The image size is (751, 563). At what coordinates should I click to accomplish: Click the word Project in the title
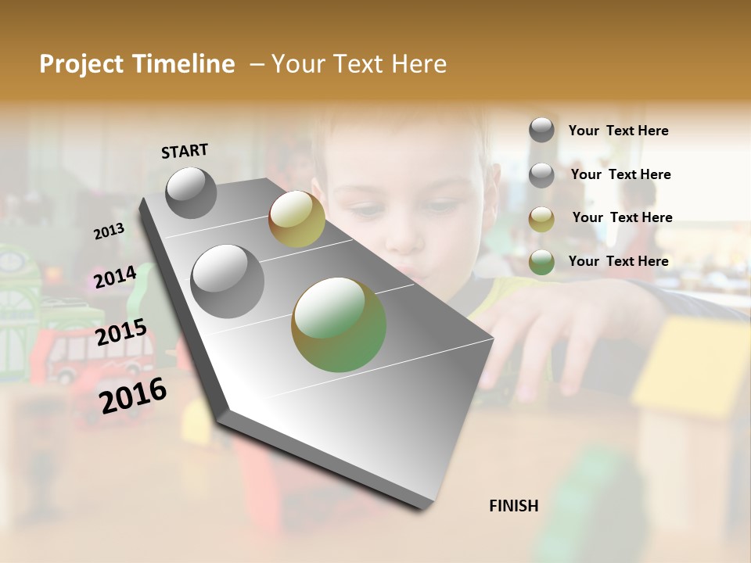pyautogui.click(x=80, y=64)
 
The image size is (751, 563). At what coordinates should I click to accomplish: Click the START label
pyautogui.click(x=185, y=151)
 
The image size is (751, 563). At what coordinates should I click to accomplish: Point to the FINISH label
pyautogui.click(x=513, y=506)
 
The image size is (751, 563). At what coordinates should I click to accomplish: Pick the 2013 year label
pyautogui.click(x=109, y=231)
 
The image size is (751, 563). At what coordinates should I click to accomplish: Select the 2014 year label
pyautogui.click(x=115, y=277)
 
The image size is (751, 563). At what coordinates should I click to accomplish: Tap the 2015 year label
pyautogui.click(x=121, y=332)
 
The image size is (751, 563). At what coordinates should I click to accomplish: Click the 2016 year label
pyautogui.click(x=133, y=394)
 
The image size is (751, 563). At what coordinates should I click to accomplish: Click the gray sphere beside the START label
pyautogui.click(x=192, y=193)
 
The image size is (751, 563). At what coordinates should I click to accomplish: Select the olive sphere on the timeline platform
pyautogui.click(x=296, y=218)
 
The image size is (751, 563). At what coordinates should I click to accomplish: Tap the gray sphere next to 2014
pyautogui.click(x=228, y=281)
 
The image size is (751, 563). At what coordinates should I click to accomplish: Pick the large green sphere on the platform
pyautogui.click(x=339, y=325)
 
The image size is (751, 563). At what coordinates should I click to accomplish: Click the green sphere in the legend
pyautogui.click(x=541, y=262)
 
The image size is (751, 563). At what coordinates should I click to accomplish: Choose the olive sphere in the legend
pyautogui.click(x=541, y=219)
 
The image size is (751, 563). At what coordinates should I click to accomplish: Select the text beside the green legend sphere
pyautogui.click(x=618, y=261)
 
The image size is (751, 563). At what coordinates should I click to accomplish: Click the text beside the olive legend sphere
pyautogui.click(x=622, y=217)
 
